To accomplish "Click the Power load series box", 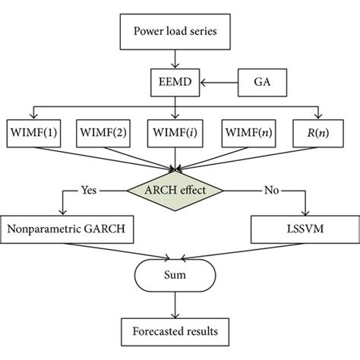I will (175, 33).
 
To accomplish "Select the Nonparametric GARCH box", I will (65, 227).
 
